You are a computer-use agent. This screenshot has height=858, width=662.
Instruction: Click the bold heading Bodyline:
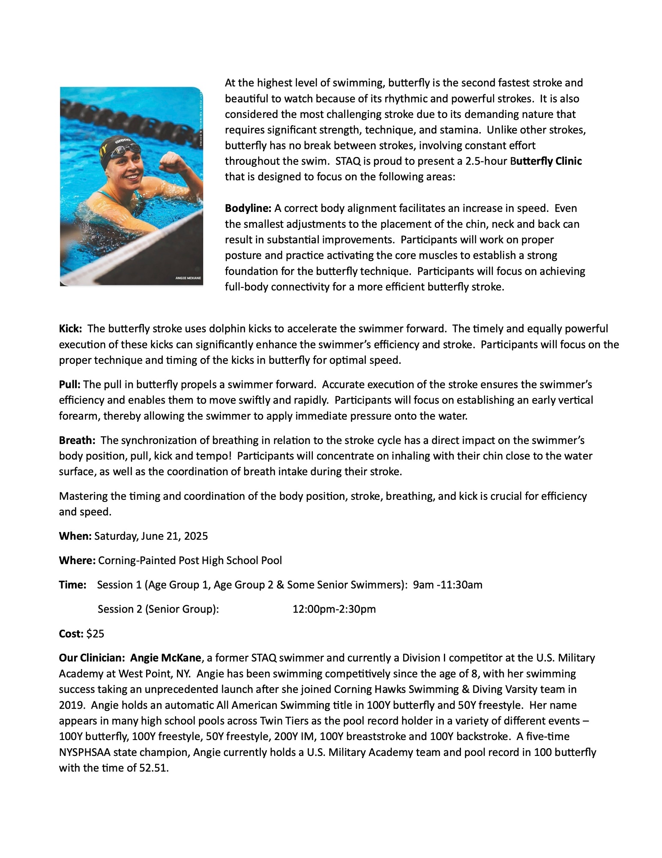point(248,208)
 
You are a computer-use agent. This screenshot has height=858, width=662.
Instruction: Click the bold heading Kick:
point(70,329)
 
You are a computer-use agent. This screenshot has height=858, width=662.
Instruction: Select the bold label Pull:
point(70,384)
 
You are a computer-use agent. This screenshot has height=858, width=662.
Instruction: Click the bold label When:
point(75,536)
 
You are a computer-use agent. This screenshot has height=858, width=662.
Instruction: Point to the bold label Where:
point(77,560)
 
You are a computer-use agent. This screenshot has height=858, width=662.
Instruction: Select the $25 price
point(95,634)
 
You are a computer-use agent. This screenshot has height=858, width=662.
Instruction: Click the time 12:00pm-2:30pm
point(334,609)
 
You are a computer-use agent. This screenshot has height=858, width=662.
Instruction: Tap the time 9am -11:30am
point(447,585)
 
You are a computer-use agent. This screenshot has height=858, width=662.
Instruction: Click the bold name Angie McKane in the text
point(165,658)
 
